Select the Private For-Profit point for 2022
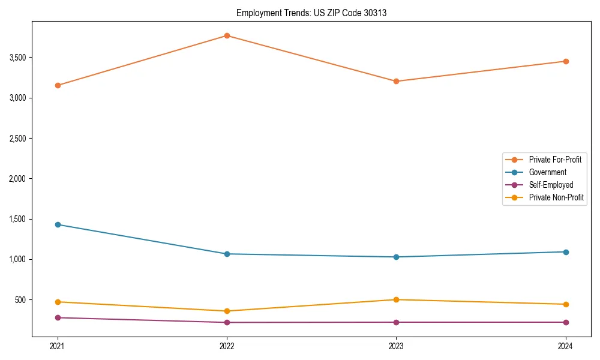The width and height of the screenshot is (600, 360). tap(227, 35)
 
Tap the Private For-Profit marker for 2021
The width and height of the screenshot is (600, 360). tap(58, 85)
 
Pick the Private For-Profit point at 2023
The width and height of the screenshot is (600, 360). tap(396, 81)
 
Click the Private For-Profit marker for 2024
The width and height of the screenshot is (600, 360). tap(565, 61)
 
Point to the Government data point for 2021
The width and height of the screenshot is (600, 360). tap(58, 224)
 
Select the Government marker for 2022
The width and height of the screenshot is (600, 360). tap(227, 254)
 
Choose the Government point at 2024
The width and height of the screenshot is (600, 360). tap(565, 252)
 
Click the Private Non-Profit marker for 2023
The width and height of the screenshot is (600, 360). tap(396, 299)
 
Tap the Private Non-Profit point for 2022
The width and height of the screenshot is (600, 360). tap(227, 311)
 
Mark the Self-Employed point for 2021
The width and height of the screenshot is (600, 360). tap(58, 317)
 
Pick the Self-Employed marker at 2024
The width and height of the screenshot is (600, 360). tap(565, 322)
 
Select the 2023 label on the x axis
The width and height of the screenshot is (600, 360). tap(396, 346)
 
